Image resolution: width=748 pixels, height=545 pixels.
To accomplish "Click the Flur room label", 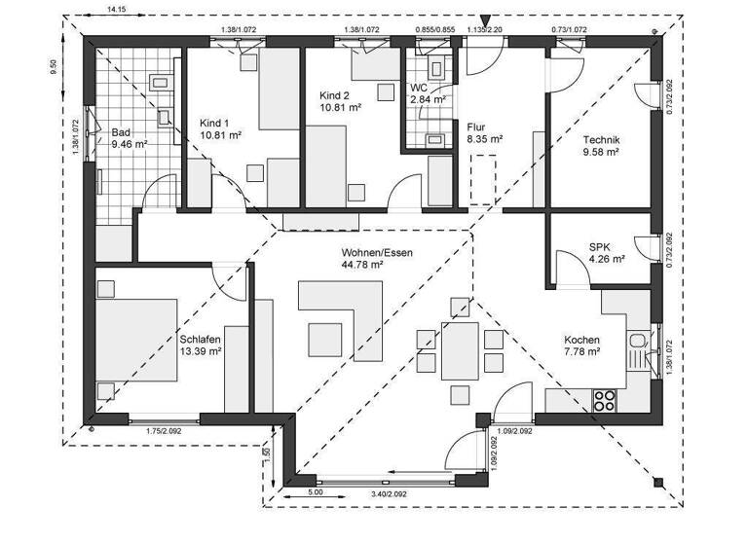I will [477, 127].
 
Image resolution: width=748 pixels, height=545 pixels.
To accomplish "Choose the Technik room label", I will [601, 139].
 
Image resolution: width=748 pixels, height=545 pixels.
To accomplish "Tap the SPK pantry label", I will [600, 246].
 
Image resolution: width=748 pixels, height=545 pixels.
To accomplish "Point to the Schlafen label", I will [201, 340].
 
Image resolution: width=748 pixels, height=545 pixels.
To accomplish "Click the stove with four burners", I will [605, 398].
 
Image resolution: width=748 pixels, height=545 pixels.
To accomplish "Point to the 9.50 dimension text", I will [54, 69].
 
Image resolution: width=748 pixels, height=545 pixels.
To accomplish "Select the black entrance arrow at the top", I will [486, 18].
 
